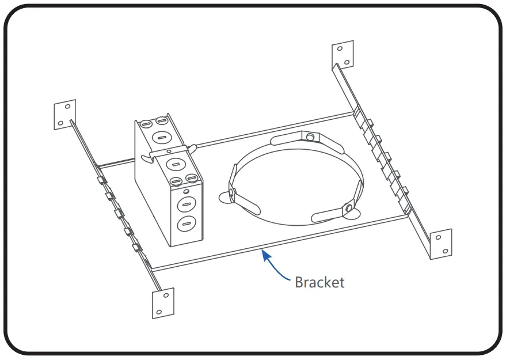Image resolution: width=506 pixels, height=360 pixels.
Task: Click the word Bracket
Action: click(x=319, y=282)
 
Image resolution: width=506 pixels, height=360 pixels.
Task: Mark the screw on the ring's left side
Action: click(x=232, y=192)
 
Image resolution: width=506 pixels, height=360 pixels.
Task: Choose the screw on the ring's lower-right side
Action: click(x=349, y=207)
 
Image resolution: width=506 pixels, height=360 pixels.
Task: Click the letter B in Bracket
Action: click(x=299, y=282)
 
